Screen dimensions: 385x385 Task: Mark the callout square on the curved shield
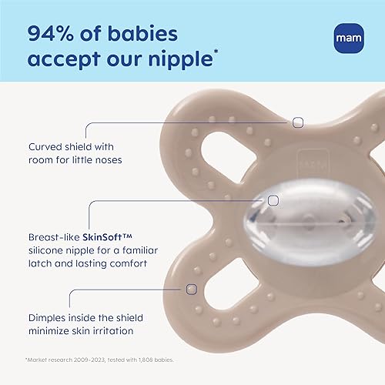coord(298,122)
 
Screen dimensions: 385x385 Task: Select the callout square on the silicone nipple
coord(273,200)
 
